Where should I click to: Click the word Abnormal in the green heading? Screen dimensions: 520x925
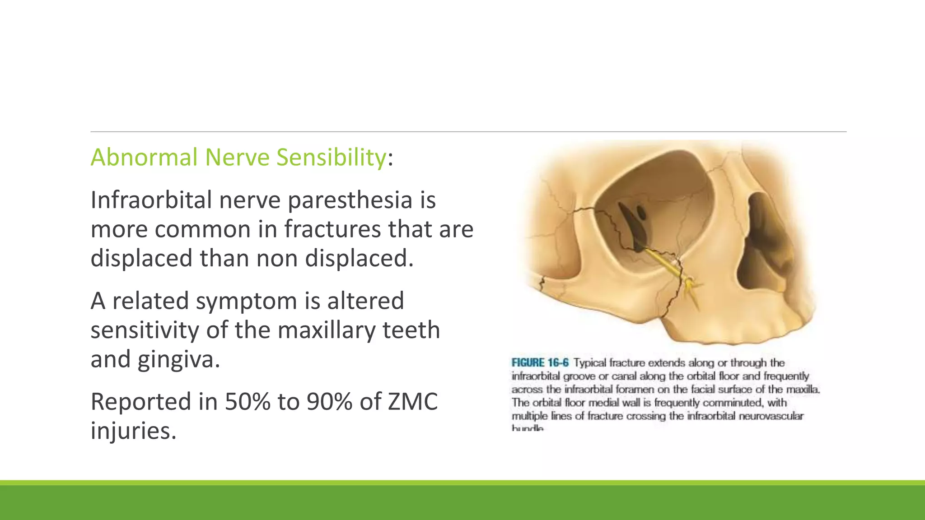click(144, 158)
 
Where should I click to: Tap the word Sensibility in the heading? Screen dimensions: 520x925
click(331, 158)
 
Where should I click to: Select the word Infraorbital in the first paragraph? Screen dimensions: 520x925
click(151, 200)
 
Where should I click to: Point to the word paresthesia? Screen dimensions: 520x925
click(350, 200)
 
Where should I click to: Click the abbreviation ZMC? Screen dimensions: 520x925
click(412, 402)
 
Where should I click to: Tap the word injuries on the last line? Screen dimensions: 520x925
click(133, 431)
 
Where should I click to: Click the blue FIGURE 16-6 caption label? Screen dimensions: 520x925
click(540, 363)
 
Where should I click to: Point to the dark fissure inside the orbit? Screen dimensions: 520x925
click(631, 226)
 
